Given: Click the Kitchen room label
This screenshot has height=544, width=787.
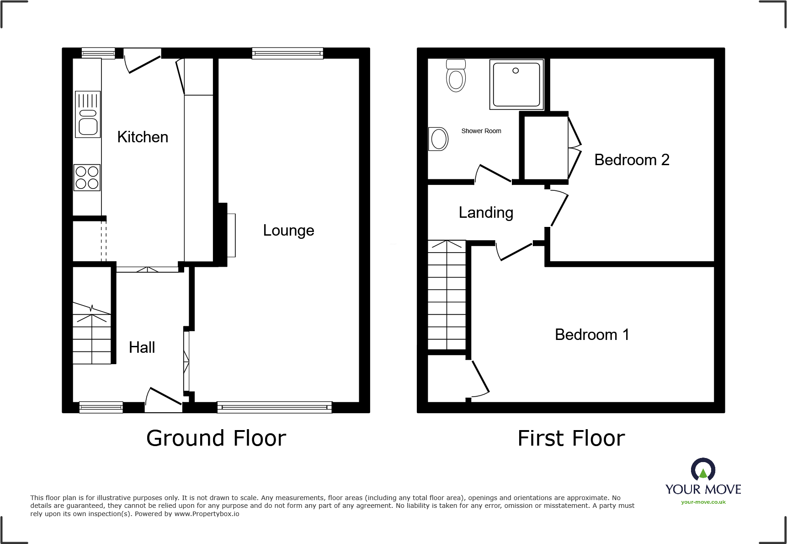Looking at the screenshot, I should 143,137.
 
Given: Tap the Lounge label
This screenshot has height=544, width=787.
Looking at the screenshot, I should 288,230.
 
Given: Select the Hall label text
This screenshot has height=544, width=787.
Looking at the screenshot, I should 142,347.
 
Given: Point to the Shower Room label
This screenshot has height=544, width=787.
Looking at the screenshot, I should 481,131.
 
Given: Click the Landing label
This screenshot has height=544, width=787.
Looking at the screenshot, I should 486,212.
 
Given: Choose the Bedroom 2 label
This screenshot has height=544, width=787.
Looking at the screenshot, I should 632,160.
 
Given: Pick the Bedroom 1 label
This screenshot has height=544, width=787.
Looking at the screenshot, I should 592,334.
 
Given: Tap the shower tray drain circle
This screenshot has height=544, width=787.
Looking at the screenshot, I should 516,70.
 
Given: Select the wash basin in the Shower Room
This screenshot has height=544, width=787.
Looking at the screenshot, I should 438,139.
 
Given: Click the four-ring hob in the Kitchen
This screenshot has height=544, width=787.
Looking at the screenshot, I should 87,178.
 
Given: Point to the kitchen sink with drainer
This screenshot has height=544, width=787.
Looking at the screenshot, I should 88,114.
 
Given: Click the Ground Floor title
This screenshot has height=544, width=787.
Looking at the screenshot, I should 216,438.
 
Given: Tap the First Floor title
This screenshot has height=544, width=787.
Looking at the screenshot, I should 571,438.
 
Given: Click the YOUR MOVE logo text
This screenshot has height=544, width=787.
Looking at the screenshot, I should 703,489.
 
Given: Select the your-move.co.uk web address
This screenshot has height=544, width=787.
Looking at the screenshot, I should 703,502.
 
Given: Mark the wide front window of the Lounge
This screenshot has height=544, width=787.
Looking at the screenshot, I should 274,407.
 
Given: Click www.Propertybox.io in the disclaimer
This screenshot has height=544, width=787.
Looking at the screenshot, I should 207,514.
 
